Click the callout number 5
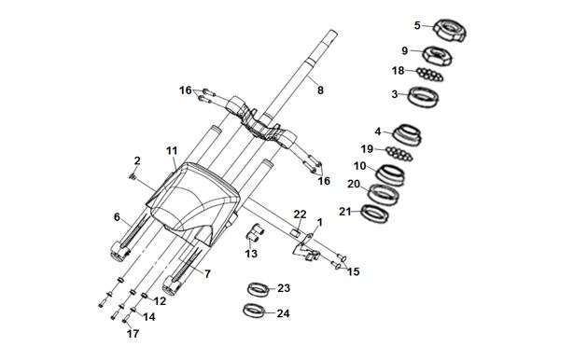click(417, 25)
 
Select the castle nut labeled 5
click(450, 31)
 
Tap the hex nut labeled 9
click(438, 56)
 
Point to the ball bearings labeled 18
click(429, 75)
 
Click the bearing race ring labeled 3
click(424, 97)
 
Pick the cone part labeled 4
click(407, 135)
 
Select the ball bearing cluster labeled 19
click(399, 154)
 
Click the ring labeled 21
click(374, 214)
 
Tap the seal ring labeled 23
click(259, 289)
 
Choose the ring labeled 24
click(255, 311)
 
